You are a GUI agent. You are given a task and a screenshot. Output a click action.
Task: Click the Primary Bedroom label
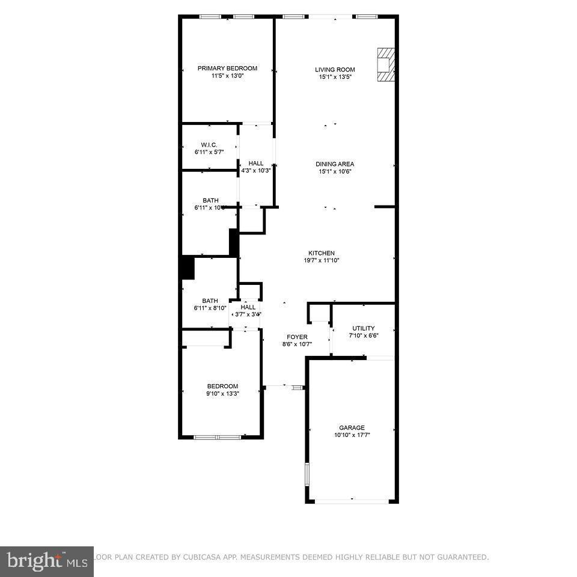click(227, 69)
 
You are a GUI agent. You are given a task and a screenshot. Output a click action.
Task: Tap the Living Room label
click(335, 70)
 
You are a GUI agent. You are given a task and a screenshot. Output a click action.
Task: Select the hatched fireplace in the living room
click(385, 64)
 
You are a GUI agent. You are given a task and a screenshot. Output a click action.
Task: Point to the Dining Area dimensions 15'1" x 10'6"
click(335, 171)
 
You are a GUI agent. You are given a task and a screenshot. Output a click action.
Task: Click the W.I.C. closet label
click(209, 145)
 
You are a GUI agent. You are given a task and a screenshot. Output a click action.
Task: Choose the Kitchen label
click(322, 253)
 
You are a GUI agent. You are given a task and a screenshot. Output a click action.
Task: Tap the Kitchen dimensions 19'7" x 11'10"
click(322, 261)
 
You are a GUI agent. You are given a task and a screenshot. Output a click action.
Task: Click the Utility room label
click(364, 328)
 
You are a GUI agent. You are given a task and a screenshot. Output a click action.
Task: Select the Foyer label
click(297, 337)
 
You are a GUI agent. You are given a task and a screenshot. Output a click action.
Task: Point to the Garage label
click(352, 428)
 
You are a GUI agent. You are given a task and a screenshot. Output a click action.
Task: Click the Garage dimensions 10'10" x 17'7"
click(352, 435)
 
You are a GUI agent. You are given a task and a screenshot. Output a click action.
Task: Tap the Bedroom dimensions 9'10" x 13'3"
click(222, 394)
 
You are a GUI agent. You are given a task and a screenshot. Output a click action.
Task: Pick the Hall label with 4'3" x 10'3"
click(256, 163)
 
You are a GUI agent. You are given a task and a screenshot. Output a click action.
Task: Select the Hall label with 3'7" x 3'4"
click(248, 307)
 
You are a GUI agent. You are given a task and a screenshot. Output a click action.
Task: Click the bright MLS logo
click(46, 562)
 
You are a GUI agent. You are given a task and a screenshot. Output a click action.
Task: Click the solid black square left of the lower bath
click(188, 268)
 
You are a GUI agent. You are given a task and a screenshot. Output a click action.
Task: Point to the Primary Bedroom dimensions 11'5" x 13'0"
click(227, 76)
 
